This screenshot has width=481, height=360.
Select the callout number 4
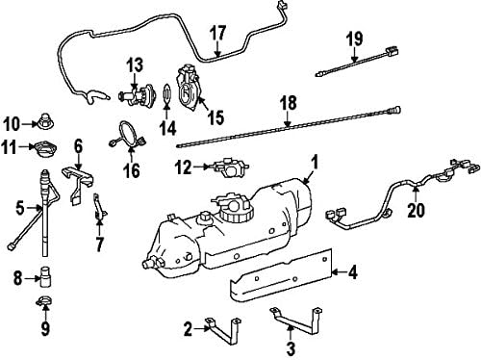[351, 271]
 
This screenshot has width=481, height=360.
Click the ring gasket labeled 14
[166, 94]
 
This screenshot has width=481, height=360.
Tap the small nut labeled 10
[44, 122]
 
